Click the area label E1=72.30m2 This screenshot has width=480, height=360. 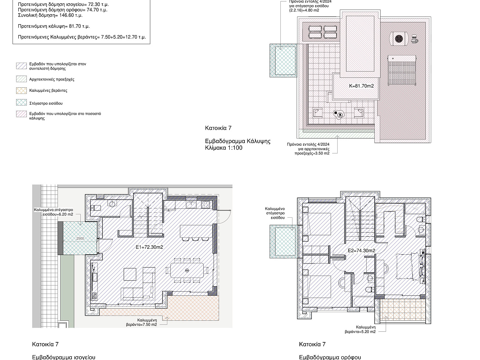click(149, 247)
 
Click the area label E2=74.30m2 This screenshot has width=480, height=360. click(361, 251)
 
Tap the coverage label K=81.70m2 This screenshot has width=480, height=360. click(361, 86)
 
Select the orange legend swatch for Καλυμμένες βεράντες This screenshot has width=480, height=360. click(21, 91)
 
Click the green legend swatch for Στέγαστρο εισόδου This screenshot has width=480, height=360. click(21, 102)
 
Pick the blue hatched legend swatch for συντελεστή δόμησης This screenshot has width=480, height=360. click(21, 66)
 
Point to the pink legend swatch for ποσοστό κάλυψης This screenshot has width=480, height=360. click(21, 114)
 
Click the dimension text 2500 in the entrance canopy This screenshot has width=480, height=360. click(80, 238)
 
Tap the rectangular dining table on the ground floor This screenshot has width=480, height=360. click(187, 270)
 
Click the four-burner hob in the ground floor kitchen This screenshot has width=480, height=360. click(206, 204)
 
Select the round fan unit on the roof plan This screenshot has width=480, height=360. click(399, 39)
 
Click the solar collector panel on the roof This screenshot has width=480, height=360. click(402, 70)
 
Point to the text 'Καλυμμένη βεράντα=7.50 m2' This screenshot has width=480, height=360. click(142, 323)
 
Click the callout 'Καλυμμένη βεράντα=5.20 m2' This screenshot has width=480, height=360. click(360, 330)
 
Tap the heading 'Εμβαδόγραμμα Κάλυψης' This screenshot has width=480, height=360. click(238, 141)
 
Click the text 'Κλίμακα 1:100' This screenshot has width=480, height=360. click(224, 148)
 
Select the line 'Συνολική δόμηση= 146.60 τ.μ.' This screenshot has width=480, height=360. click(50, 15)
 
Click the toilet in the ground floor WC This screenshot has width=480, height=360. click(95, 207)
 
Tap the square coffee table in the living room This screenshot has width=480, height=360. click(130, 274)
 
